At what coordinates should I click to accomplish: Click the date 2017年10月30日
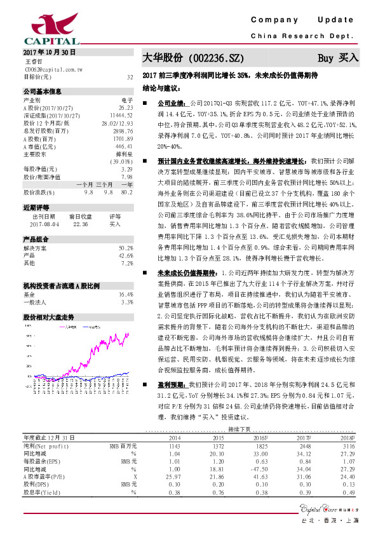49,52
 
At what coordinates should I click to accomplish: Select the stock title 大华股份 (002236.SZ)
192,57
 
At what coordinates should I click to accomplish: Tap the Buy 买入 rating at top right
338,57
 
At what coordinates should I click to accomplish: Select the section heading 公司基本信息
42,91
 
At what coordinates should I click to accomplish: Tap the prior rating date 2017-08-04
44,206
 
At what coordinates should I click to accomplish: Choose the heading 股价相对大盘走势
49,298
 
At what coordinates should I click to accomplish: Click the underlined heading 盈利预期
171,384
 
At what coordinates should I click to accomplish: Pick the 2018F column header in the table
346,438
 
